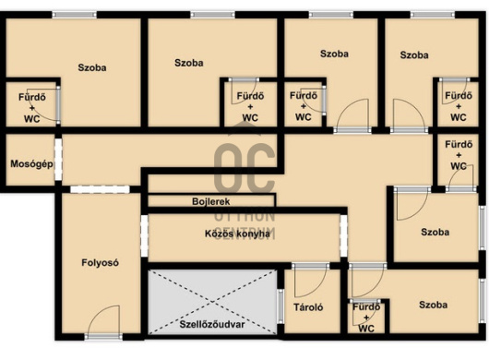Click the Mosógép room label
coord(31,164)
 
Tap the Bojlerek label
coord(211,201)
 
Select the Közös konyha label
coord(237,234)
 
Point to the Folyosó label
coord(101,263)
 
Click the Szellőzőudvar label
coord(212,324)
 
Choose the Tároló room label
coord(308,307)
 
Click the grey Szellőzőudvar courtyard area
coord(212,302)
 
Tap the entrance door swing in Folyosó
coord(104,320)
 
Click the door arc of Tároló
coord(311,282)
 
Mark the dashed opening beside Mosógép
coord(58,159)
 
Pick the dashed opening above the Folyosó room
coord(100,189)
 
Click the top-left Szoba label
coord(92,67)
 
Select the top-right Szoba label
coord(414,55)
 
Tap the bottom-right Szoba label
coord(433,305)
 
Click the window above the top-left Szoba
coord(74,15)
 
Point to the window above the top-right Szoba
coord(432,15)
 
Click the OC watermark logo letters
coord(244,168)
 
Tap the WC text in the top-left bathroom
coord(31,119)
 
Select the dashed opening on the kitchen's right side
coord(343,235)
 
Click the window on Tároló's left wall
coord(280,306)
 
